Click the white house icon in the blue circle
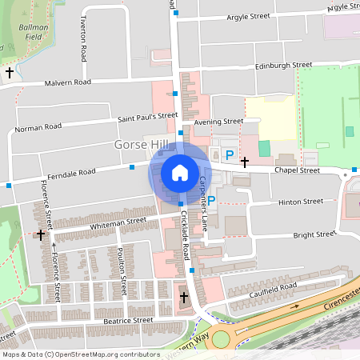click(179, 172)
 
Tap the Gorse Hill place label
click(142, 145)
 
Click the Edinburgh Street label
click(282, 66)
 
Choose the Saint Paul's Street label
click(148, 116)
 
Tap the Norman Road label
click(38, 127)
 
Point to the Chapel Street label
click(297, 170)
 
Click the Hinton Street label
click(300, 202)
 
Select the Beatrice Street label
click(127, 320)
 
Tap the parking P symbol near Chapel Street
click(230, 155)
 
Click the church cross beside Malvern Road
click(10, 73)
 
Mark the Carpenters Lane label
click(205, 198)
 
